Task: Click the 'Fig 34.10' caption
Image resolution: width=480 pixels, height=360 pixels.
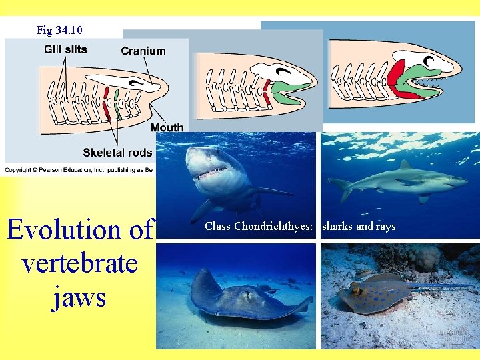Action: [60, 30]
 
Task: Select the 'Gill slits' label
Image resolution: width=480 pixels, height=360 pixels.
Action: [65, 49]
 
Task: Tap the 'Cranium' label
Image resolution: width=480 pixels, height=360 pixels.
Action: [143, 51]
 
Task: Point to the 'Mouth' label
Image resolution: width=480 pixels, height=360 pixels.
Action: [167, 127]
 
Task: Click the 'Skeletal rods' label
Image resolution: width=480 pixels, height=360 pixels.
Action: [118, 153]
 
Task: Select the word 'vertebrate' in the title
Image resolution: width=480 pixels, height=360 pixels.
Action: [79, 263]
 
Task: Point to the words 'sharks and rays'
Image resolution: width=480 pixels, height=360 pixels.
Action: [359, 227]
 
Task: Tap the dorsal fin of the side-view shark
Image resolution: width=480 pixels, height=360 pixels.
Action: [404, 164]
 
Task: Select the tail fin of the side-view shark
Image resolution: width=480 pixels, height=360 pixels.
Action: [343, 188]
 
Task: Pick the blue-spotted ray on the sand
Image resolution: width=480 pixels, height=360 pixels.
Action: [373, 293]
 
